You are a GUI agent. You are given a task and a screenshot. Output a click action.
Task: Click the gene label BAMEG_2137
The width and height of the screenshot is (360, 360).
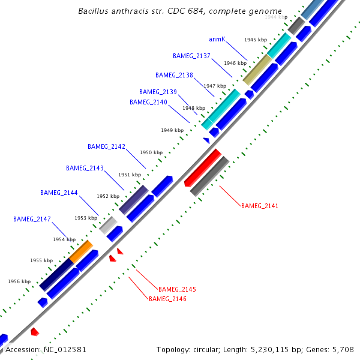coord(191,56)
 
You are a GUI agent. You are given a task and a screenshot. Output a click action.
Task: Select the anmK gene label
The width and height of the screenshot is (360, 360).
coord(217,39)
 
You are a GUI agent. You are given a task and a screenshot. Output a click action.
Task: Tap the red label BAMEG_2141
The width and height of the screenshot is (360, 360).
coord(260,206)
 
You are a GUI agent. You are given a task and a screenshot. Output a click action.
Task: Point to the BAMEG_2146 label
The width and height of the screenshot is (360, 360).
coord(167,298)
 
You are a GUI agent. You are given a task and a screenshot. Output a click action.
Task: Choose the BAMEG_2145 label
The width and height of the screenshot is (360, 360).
coord(177,289)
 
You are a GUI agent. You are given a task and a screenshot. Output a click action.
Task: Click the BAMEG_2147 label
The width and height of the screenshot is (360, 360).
coord(32,219)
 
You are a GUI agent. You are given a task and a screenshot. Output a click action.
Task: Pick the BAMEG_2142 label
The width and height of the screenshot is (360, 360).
coord(106,146)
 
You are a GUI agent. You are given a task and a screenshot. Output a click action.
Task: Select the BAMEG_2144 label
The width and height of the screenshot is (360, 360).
coord(59,193)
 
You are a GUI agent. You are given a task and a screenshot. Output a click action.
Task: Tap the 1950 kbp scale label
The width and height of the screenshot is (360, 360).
coord(151,152)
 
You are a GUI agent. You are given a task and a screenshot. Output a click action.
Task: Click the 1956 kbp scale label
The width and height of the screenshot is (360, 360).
coord(19,281)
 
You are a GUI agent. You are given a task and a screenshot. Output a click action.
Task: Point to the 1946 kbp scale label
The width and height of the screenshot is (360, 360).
coord(235,62)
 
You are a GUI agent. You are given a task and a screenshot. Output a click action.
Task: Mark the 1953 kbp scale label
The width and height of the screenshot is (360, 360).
coord(86,218)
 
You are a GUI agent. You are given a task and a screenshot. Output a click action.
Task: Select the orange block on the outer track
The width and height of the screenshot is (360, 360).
coord(81,251)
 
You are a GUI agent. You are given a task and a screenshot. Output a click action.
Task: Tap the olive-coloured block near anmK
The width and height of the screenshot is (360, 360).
coord(257,70)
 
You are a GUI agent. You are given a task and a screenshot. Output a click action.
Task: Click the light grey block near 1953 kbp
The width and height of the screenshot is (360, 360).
coord(108,225)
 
